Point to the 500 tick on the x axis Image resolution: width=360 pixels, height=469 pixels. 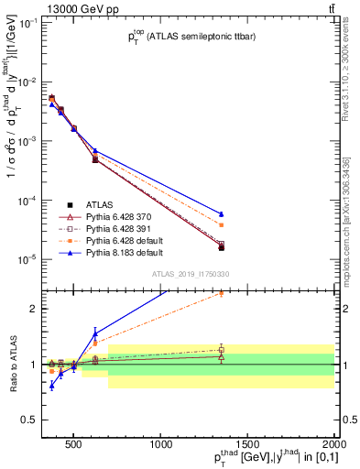click(x=74, y=443)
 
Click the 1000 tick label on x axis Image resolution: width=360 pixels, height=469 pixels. click(x=161, y=443)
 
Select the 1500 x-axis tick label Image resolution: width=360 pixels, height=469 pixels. click(x=248, y=443)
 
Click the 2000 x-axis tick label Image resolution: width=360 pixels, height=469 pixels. click(x=333, y=443)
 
